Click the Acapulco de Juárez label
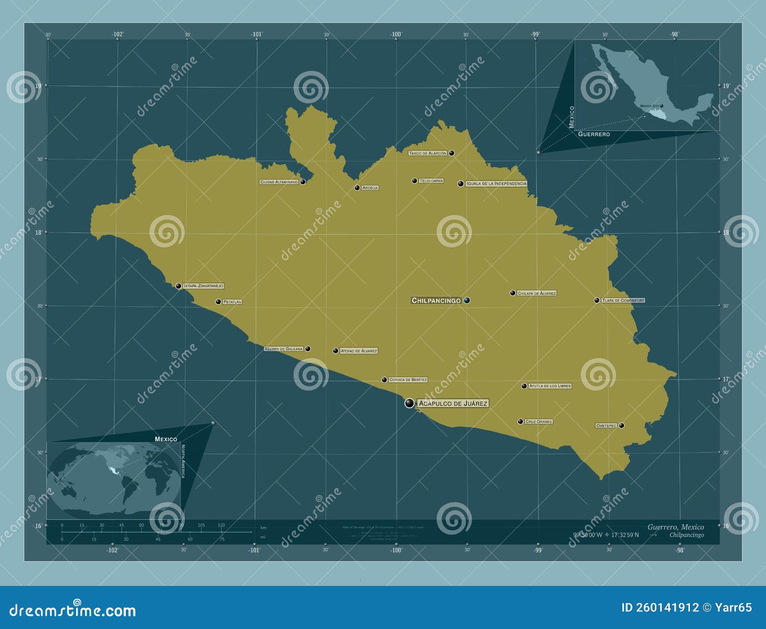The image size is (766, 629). coord(453,404)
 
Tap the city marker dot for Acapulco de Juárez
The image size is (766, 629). coord(409,403)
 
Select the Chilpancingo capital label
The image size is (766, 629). coord(436,301)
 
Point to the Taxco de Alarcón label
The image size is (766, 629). coord(428,153)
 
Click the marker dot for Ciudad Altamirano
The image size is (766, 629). coord(303,182)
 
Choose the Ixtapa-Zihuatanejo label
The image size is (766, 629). coord(203,286)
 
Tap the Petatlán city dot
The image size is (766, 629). coord(218,302)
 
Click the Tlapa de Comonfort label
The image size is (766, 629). coord(623,301)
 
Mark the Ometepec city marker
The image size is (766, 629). coord(621,425)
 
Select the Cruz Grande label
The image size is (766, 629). coord(539,422)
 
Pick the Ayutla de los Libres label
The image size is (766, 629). coord(550,386)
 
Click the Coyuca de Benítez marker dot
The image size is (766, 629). coord(384,380)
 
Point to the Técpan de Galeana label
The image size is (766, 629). coord(284,349)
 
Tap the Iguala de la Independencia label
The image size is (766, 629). coord(496,183)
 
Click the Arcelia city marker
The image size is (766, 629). coord(357,188)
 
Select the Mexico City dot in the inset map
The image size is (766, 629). coord(662,106)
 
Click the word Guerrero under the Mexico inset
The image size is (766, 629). coord(594,134)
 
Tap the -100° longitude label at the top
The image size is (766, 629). coord(395,34)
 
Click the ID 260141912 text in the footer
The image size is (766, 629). coord(660,607)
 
